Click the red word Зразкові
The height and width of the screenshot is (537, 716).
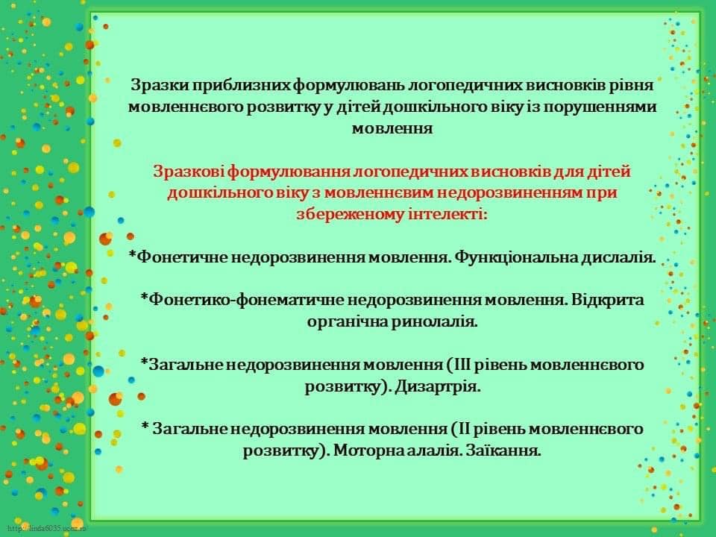[188, 172]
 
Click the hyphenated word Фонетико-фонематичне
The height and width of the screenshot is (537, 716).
[247, 301]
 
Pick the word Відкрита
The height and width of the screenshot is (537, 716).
[608, 301]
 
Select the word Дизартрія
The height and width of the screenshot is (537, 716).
[438, 387]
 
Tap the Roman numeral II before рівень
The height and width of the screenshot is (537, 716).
[463, 430]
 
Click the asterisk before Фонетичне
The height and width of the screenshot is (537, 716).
[133, 254]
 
